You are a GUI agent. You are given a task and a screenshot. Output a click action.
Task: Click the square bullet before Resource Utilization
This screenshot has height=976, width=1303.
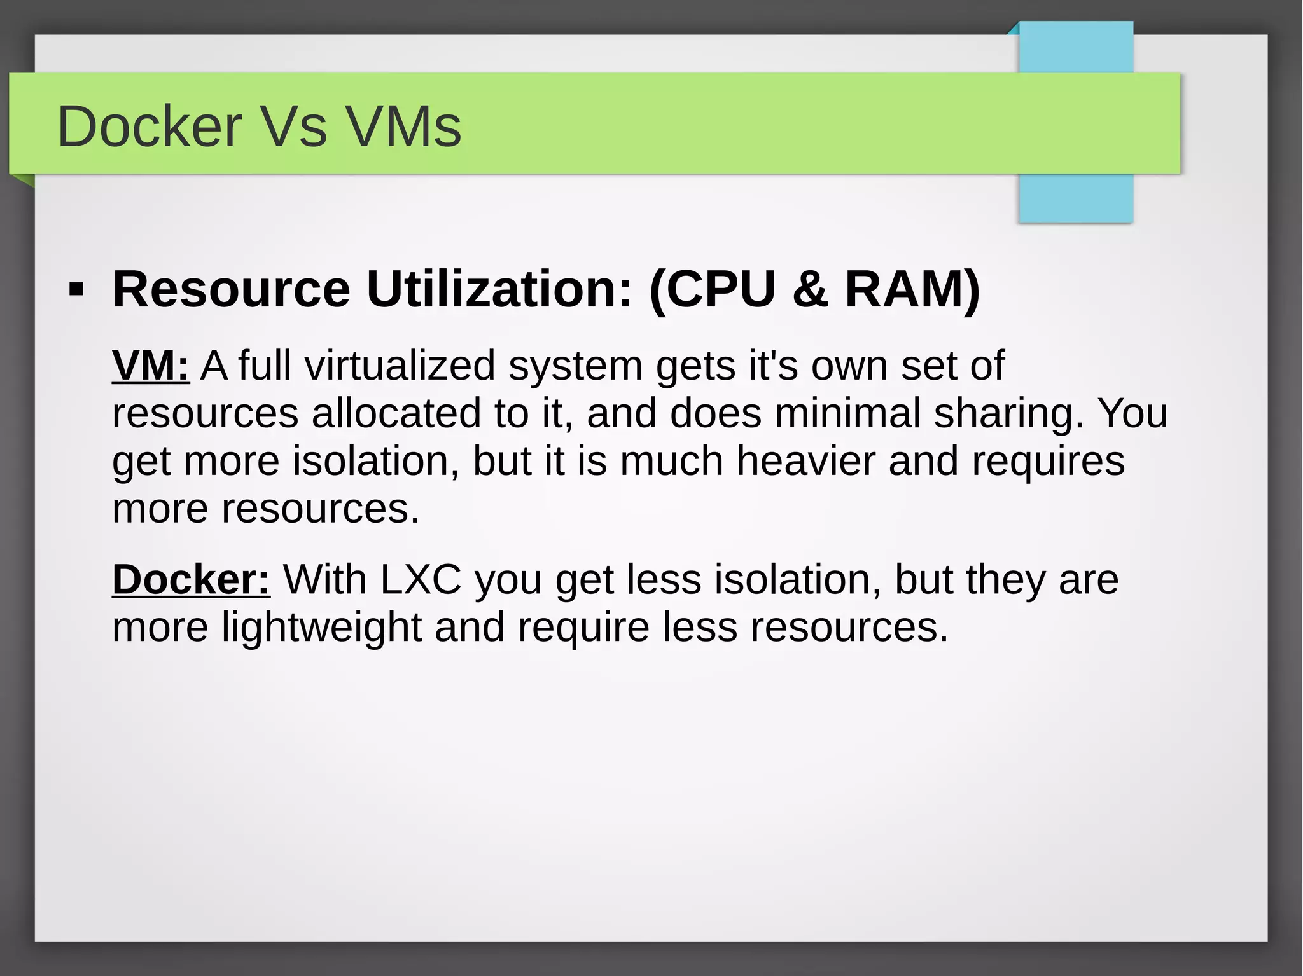pos(76,290)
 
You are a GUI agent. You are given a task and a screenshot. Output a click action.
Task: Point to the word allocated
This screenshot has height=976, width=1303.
pos(396,413)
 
